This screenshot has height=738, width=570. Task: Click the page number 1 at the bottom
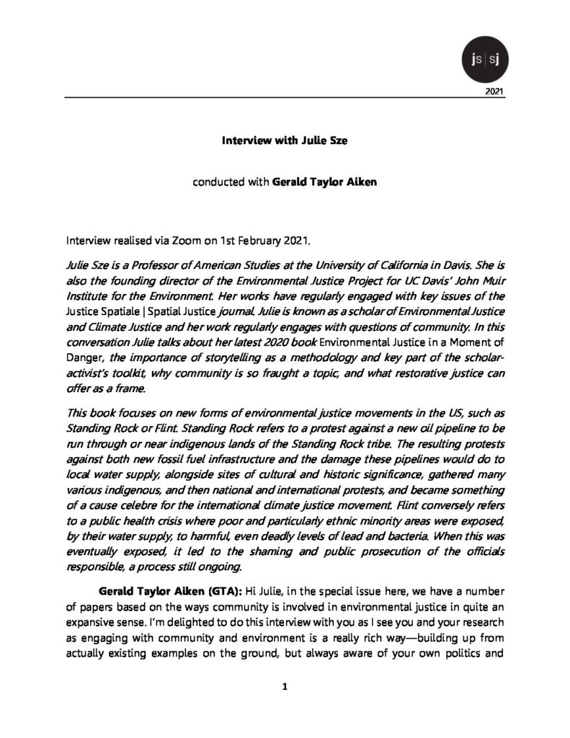[x=285, y=687]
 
